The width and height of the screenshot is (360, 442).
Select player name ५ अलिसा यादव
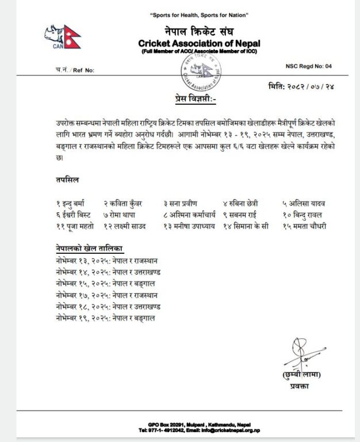click(303, 204)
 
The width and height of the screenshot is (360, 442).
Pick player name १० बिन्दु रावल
click(303, 215)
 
